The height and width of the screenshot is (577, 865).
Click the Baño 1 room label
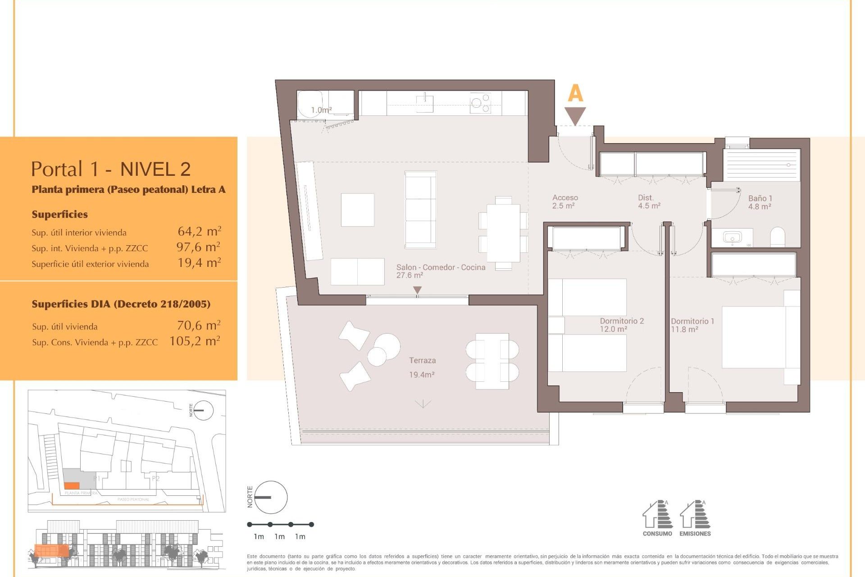click(760, 202)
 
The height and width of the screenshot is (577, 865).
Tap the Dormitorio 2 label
click(621, 325)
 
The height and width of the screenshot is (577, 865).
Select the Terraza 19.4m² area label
click(422, 367)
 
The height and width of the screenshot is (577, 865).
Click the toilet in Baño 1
click(778, 237)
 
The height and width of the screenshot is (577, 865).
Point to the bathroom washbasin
click(732, 237)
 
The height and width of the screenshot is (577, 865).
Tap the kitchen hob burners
click(480, 103)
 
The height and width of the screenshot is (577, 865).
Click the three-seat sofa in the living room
click(420, 210)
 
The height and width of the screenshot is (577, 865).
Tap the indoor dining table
click(503, 233)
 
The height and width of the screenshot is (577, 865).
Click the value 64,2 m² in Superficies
click(199, 232)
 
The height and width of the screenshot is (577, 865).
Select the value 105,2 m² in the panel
click(195, 341)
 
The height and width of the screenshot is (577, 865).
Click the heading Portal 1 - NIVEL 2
click(111, 169)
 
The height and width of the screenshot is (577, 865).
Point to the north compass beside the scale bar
click(270, 497)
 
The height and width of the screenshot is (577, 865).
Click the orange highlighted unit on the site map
click(71, 485)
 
